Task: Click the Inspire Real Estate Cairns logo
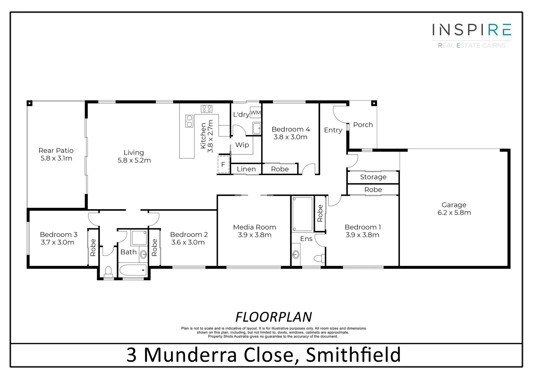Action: (471, 35)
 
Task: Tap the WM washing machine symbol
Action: (255, 113)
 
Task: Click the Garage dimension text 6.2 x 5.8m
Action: (454, 213)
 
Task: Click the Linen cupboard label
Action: (246, 169)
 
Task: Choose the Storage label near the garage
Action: (373, 177)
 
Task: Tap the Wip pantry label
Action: (242, 145)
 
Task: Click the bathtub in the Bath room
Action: (133, 270)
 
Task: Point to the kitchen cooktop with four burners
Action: (206, 108)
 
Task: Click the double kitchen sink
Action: (189, 121)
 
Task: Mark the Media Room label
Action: (254, 227)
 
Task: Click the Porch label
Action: (363, 125)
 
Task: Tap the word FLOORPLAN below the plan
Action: (273, 317)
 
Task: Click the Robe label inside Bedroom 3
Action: (93, 247)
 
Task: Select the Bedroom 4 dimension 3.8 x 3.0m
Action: (290, 137)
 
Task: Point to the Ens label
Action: (306, 239)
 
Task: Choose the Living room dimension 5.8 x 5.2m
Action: (134, 160)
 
